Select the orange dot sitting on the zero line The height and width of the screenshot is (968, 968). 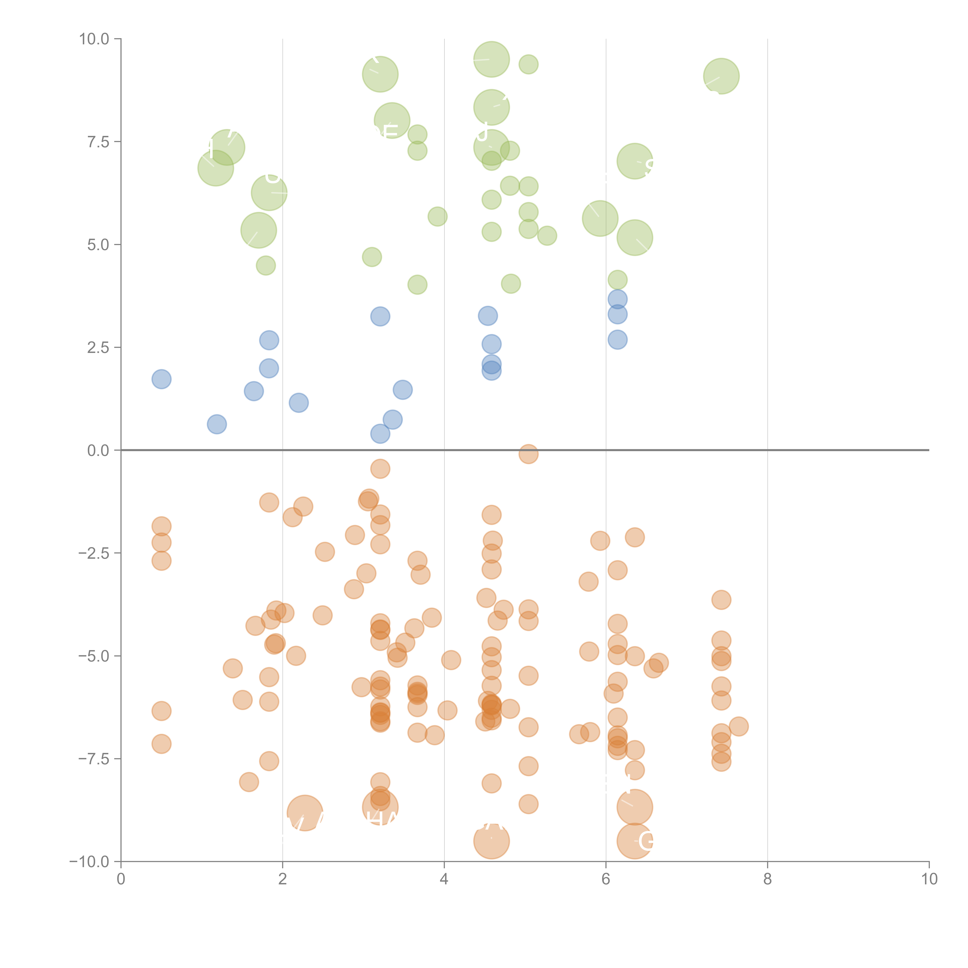pyautogui.click(x=528, y=454)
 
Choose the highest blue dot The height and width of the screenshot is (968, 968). pyautogui.click(x=617, y=299)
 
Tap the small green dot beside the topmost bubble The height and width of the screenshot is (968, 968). pyautogui.click(x=528, y=64)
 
